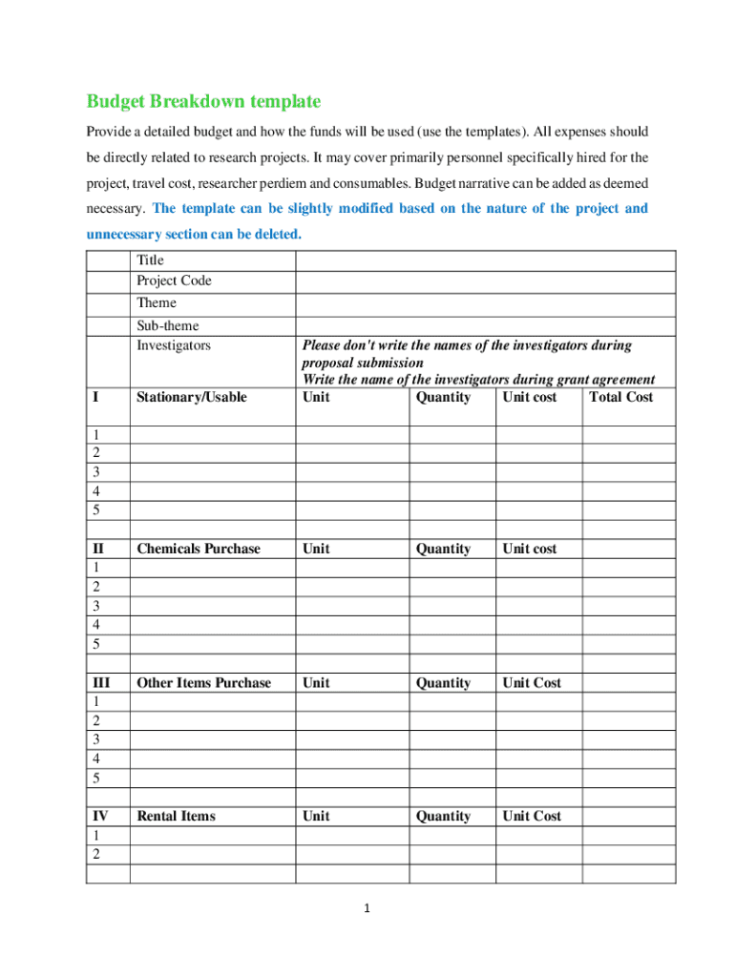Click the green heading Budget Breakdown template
tap(203, 101)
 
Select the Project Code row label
tap(174, 281)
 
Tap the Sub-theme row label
tap(168, 325)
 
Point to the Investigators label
tap(174, 344)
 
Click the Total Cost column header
tap(620, 396)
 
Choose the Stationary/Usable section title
tap(192, 396)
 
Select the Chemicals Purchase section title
tap(199, 549)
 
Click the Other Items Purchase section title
tap(204, 682)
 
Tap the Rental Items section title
tap(177, 816)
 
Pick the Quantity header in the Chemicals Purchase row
tap(443, 549)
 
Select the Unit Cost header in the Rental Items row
tap(532, 816)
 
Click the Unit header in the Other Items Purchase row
tap(316, 682)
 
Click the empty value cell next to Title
tap(485, 260)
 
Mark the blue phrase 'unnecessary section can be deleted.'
tap(196, 234)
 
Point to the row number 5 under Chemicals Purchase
tap(94, 644)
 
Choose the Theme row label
tap(157, 302)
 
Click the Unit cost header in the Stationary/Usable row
tap(530, 396)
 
